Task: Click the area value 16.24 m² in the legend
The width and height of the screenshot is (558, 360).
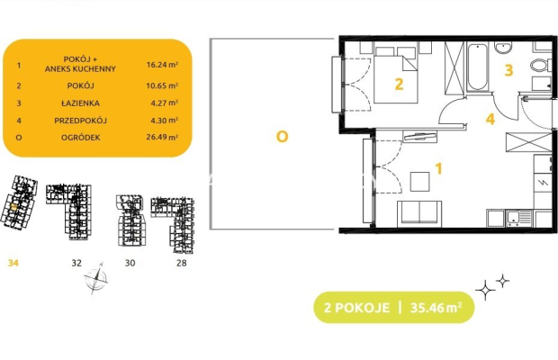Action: click(x=162, y=65)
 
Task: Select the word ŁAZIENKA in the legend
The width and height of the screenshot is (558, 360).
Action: click(x=80, y=103)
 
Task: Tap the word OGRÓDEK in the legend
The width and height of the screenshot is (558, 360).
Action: click(x=80, y=138)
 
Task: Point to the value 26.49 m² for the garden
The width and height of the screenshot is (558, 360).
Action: click(x=162, y=137)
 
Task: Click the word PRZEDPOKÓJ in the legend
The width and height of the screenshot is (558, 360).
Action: click(x=80, y=121)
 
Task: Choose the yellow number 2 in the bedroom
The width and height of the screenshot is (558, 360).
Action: click(x=399, y=84)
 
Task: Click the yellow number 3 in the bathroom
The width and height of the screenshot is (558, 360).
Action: click(x=508, y=70)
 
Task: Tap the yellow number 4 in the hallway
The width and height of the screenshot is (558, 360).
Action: click(x=490, y=119)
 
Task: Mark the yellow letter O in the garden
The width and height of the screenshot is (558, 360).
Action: click(x=283, y=137)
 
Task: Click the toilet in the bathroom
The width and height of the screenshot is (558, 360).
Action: click(x=541, y=65)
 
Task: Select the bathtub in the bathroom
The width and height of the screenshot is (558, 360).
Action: click(x=477, y=67)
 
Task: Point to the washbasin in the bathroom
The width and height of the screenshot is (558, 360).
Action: click(x=503, y=47)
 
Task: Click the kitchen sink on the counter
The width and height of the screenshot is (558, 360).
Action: click(x=519, y=218)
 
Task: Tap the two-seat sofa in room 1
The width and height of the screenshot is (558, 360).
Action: click(x=419, y=213)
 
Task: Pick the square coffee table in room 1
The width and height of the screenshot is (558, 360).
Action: click(x=420, y=182)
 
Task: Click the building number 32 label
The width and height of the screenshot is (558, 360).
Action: click(x=76, y=263)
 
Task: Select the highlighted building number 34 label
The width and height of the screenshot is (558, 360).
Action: click(x=13, y=263)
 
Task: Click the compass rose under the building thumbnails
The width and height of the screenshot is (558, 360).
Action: click(x=96, y=278)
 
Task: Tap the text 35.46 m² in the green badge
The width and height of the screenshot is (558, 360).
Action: click(x=436, y=308)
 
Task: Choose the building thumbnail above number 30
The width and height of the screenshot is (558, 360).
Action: click(x=130, y=220)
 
